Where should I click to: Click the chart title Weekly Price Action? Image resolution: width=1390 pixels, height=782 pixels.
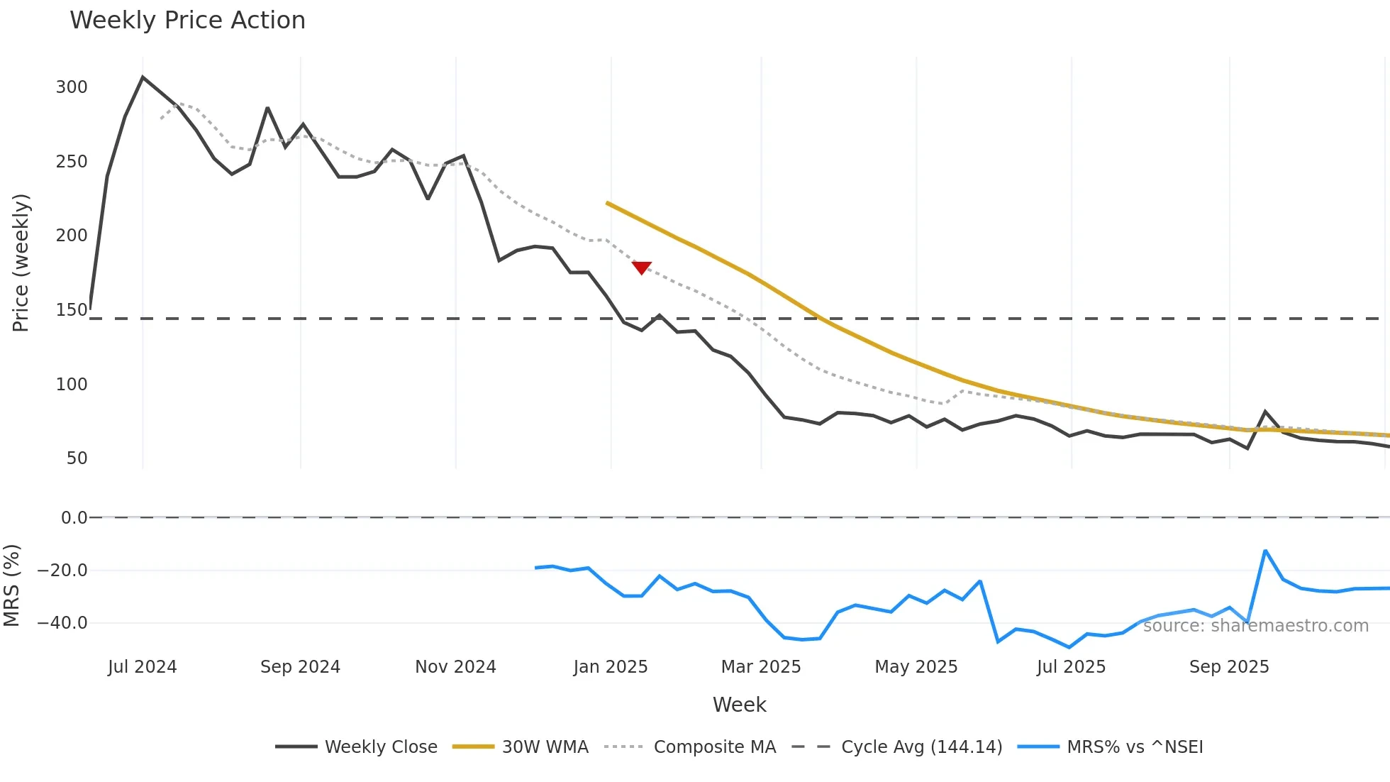pos(187,21)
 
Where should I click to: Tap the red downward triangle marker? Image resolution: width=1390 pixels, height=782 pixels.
pos(641,268)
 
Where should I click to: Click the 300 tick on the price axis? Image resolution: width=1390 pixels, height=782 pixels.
pos(72,87)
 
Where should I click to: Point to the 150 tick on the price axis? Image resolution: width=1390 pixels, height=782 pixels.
pos(72,310)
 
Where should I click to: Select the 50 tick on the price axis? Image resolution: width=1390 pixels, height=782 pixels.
pos(77,458)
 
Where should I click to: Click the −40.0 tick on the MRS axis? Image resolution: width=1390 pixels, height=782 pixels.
pos(62,623)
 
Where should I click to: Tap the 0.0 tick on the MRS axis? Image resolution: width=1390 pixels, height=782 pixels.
pos(74,518)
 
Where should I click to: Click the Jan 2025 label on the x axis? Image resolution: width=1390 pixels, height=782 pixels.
pos(610,667)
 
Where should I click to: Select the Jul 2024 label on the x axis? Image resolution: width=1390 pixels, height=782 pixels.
pos(142,667)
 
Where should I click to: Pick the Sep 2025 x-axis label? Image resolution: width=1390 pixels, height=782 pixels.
pos(1228,667)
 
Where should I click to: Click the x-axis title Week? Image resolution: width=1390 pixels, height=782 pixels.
pos(739,705)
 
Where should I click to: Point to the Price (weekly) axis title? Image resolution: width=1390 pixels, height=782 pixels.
pos(21,263)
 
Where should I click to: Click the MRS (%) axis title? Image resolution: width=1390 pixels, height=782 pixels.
pos(11,585)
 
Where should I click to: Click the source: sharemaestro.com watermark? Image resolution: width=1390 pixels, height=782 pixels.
pos(1255,626)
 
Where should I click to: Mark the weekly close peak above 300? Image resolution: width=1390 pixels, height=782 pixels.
pos(143,77)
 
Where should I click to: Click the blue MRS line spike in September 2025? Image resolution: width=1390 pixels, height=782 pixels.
pos(1265,551)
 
